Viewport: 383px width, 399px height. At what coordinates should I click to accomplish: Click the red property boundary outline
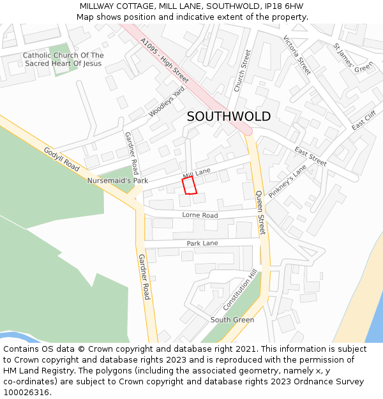coord(190,186)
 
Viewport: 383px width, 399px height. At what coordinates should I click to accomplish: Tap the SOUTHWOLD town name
coord(229,117)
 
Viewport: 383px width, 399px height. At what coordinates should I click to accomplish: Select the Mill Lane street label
coord(197,174)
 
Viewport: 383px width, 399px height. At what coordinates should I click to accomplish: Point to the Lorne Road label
coord(200,216)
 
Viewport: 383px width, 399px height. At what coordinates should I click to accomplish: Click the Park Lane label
coord(202,244)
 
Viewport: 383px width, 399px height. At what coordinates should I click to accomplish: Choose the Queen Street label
coord(260,212)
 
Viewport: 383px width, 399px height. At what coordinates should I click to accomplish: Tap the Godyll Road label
coord(61,159)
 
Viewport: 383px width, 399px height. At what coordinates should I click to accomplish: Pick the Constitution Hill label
coord(239,290)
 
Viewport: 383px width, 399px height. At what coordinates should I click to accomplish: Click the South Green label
coord(232,320)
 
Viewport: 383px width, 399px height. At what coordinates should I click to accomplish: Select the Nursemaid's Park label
coord(117,181)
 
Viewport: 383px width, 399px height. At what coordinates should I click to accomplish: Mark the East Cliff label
coord(363,121)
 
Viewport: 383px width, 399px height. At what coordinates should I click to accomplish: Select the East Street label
coord(310,156)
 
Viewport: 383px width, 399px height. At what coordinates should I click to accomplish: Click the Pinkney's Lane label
coord(287,181)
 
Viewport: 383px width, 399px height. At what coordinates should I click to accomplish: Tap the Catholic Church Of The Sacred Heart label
coord(63,59)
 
